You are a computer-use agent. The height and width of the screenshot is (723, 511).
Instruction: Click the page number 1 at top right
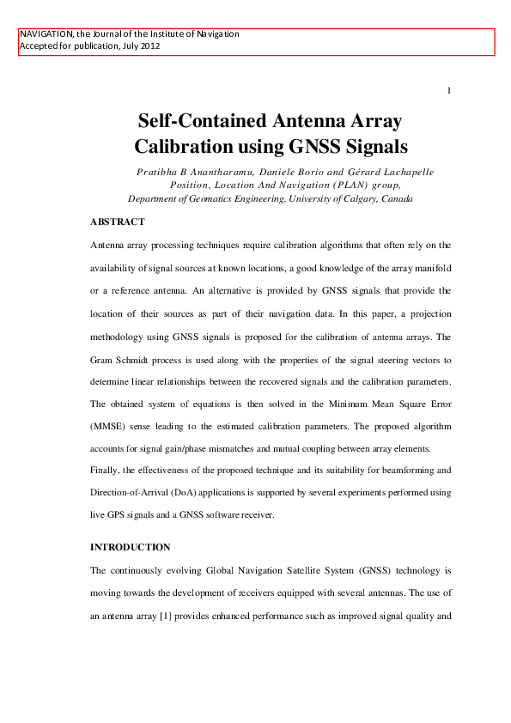click(449, 90)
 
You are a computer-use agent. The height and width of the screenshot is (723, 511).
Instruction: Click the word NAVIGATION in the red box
click(47, 34)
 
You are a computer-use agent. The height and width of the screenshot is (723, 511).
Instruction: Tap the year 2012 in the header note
click(148, 46)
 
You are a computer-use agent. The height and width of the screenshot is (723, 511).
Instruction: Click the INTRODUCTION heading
click(131, 547)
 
